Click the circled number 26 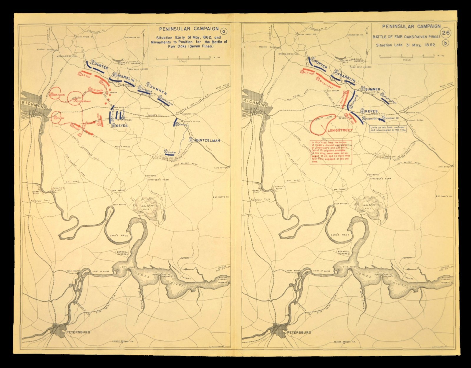point(445,33)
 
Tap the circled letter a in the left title point(224,31)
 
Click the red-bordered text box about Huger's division point(331,152)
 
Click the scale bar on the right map point(407,56)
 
